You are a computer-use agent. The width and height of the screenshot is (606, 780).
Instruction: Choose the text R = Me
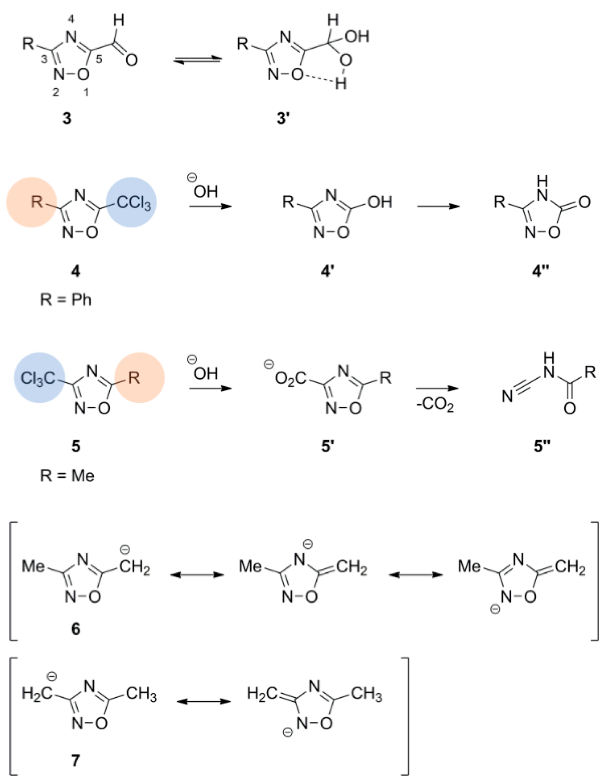coord(67,476)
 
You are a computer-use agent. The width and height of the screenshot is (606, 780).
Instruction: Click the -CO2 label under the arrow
coord(435,406)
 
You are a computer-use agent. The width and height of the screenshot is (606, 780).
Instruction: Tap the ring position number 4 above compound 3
coord(71,20)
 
